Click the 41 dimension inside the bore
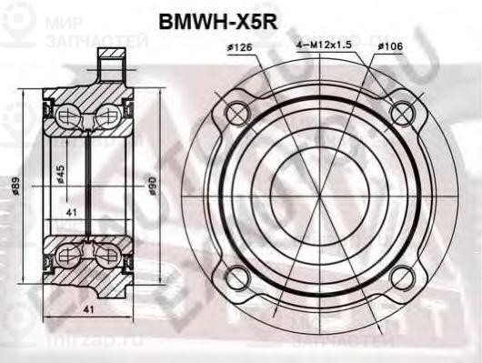72,212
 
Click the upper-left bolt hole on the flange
236,113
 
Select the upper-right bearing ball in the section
107,116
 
